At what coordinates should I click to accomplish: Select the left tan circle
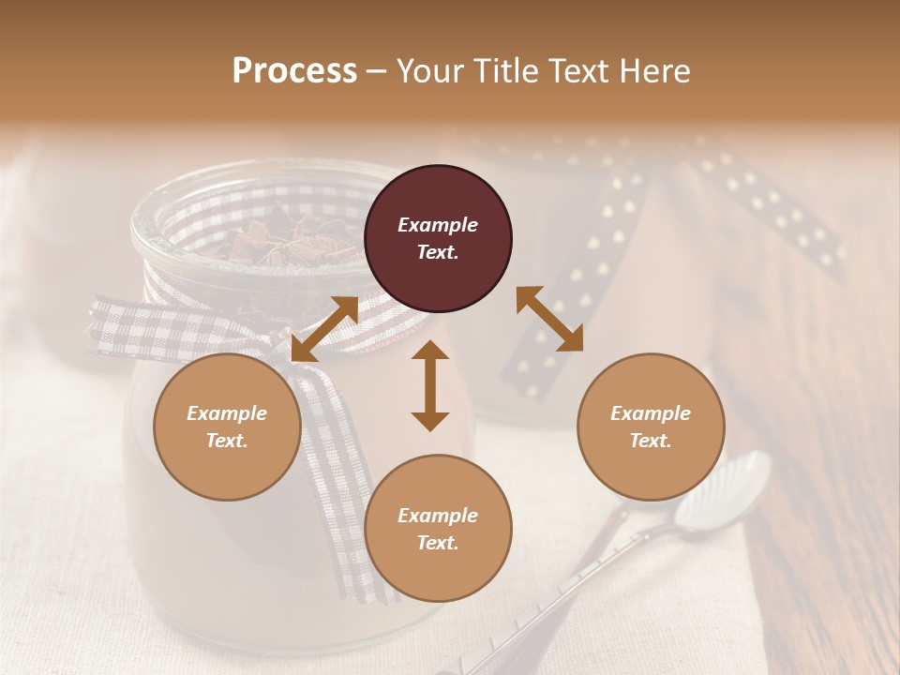click(227, 427)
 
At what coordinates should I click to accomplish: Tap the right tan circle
click(650, 427)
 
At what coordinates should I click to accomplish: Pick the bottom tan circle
click(438, 529)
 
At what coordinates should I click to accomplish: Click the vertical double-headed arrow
click(430, 385)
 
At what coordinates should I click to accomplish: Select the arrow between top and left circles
click(324, 329)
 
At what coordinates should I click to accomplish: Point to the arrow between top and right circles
click(549, 320)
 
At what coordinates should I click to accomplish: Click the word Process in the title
click(294, 71)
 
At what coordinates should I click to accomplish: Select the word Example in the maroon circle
click(438, 225)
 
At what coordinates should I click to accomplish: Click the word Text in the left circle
click(226, 441)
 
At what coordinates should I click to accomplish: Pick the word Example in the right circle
click(650, 413)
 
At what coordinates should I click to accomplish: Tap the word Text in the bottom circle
click(437, 543)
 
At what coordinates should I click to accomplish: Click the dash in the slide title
click(377, 72)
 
